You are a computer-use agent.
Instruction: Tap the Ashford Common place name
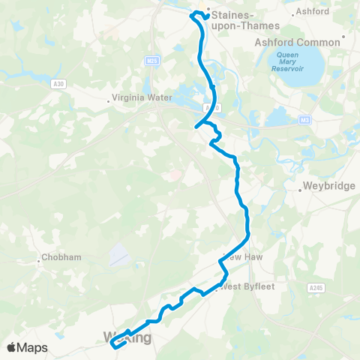pyautogui.click(x=298, y=43)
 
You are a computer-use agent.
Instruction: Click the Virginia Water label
pyautogui.click(x=142, y=97)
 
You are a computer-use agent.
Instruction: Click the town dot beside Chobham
pyautogui.click(x=39, y=261)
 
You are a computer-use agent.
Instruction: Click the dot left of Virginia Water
pyautogui.click(x=109, y=97)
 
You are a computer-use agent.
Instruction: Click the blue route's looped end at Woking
pyautogui.click(x=115, y=344)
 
